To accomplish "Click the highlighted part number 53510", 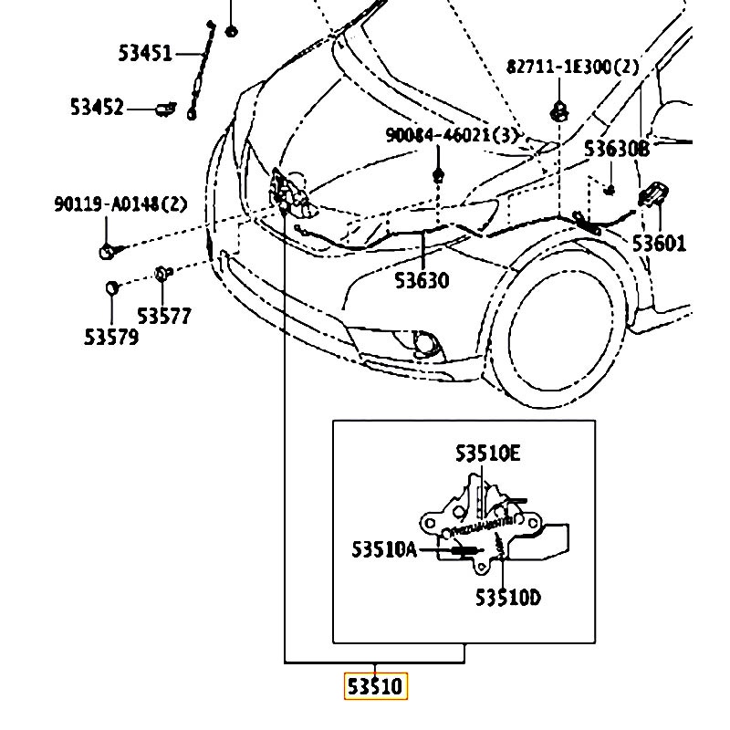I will click(375, 685).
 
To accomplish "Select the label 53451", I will click(145, 53).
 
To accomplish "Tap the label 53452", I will click(97, 108).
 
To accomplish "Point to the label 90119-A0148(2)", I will click(120, 203).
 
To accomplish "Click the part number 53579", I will click(111, 338).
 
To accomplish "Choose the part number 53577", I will click(164, 317).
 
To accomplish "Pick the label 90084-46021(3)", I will click(452, 136).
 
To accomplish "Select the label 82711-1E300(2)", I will click(573, 67).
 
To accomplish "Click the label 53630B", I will click(617, 149).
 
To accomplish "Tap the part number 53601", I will click(660, 244).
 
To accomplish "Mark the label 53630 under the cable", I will click(422, 280).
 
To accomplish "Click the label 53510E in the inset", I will click(488, 454).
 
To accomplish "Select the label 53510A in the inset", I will click(384, 549).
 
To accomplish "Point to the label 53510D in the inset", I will click(507, 599).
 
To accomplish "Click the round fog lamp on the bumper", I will click(424, 344).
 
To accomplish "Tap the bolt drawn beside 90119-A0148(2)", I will click(107, 248).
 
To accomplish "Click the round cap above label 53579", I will click(112, 288).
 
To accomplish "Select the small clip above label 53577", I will click(162, 272).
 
